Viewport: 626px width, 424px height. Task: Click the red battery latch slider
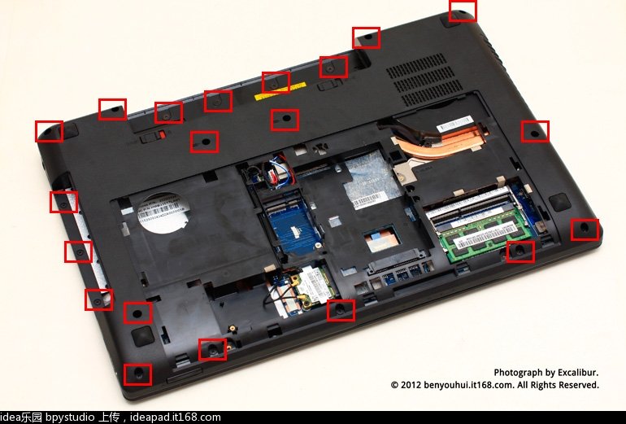[163, 135]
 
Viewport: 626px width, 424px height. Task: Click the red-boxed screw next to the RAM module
[520, 251]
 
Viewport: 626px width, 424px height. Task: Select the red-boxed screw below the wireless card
[341, 310]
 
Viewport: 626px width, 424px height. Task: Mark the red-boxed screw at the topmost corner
[462, 11]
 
